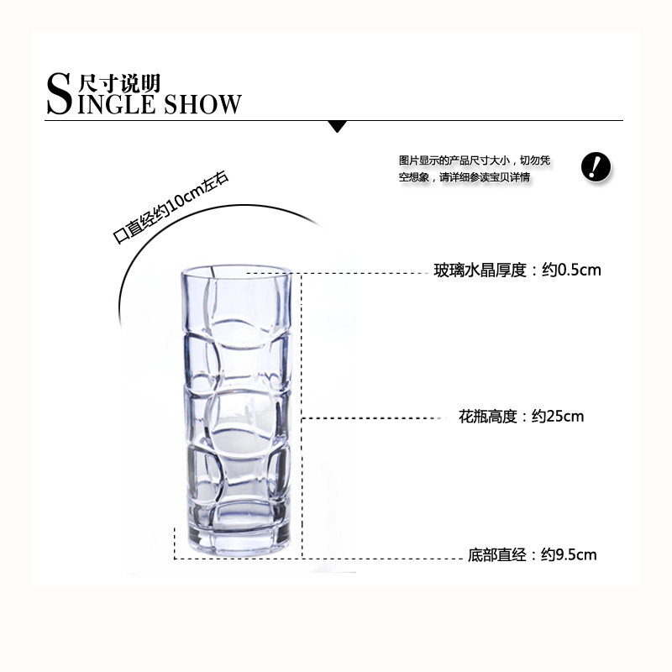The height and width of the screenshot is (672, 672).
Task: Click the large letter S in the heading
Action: click(x=59, y=94)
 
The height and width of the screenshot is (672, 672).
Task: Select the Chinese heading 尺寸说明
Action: click(x=118, y=82)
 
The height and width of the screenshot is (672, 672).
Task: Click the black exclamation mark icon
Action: click(x=596, y=166)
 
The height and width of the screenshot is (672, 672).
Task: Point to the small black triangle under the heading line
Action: click(x=338, y=127)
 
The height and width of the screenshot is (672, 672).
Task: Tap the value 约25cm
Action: click(x=558, y=416)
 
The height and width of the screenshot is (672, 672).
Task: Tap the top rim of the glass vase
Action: click(x=238, y=273)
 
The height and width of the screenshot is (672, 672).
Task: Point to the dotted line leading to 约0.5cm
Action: click(x=361, y=273)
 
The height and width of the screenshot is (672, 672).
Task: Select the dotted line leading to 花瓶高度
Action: click(x=374, y=417)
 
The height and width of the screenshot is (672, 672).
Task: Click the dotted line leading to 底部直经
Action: click(x=319, y=558)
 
